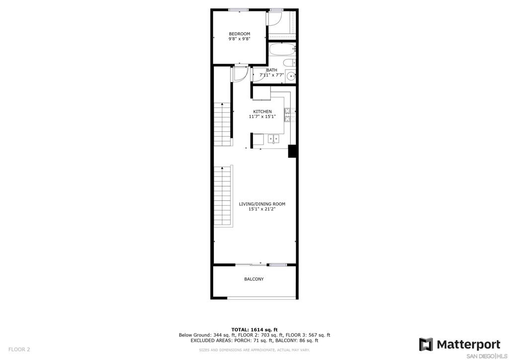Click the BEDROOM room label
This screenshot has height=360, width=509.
click(239, 34)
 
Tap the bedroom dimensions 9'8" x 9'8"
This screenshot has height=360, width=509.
click(239, 39)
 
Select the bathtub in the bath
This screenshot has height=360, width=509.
click(282, 49)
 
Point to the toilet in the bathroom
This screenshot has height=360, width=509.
click(289, 63)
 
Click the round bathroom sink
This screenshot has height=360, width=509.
click(291, 77)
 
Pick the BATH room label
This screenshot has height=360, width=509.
click(272, 70)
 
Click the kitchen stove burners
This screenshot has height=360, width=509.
click(288, 115)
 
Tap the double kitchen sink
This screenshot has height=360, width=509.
click(273, 139)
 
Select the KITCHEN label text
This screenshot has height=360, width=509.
click(262, 112)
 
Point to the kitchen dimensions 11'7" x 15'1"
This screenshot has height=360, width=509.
click(262, 116)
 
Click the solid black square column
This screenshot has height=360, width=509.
click(292, 151)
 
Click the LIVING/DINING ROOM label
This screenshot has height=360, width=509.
click(262, 204)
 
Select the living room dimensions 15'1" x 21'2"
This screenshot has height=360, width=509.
click(262, 209)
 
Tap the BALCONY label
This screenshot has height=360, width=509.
click(254, 279)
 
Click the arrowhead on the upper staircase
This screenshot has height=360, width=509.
click(222, 104)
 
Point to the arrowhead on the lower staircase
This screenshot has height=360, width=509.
click(222, 168)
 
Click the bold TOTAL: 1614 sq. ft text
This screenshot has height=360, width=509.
click(254, 330)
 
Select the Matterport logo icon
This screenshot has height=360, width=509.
click(426, 345)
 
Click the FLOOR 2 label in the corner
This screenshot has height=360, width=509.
click(19, 350)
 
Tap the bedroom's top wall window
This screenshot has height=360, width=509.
click(239, 10)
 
